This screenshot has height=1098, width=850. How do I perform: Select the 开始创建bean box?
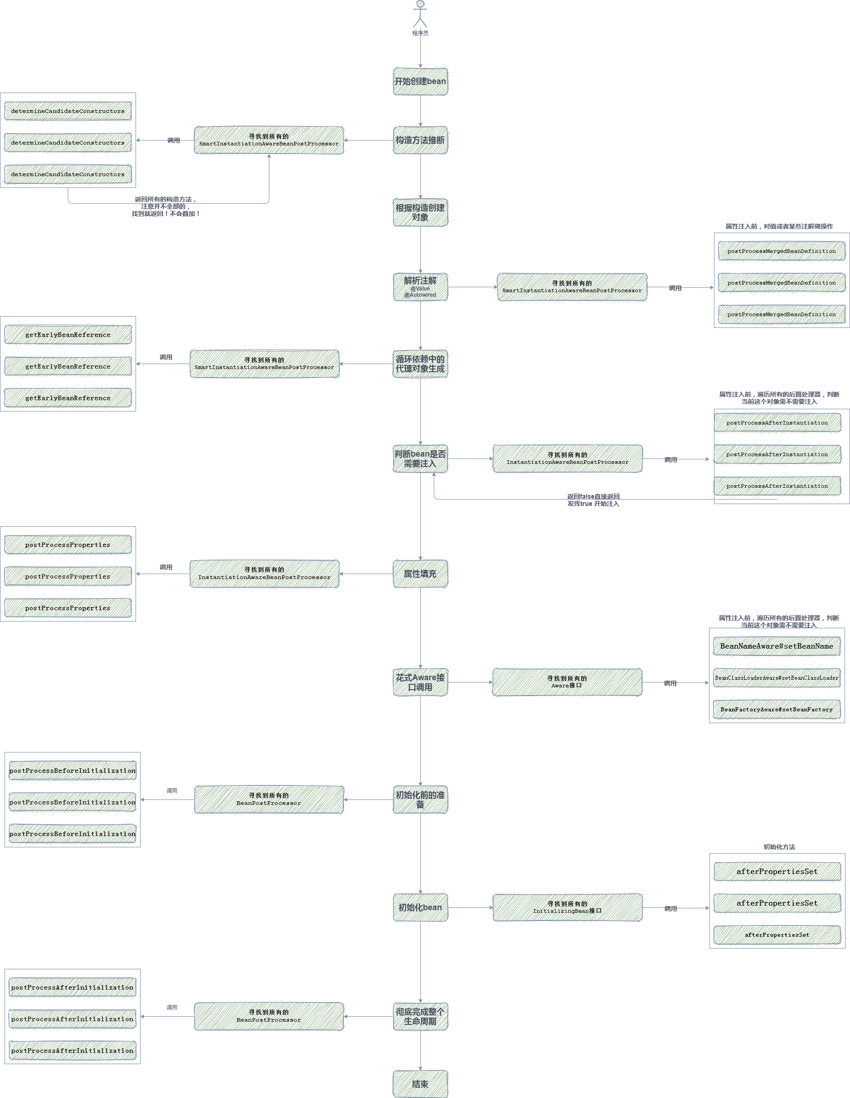pos(420,81)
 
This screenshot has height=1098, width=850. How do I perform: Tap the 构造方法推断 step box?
pos(420,140)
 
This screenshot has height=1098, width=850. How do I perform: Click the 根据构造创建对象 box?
pos(420,212)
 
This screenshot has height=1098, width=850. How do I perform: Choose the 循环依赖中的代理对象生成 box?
pos(420,364)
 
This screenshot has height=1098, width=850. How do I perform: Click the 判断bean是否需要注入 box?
pos(420,458)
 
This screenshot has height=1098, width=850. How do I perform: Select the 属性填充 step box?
pos(420,574)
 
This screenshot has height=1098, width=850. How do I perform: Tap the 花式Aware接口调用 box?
pos(420,682)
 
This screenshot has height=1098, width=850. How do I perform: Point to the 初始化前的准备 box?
pos(420,799)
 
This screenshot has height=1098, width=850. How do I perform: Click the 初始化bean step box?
pos(420,907)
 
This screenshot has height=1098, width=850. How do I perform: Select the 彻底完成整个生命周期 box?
pos(420,1017)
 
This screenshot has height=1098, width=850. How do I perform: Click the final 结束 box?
pos(420,1084)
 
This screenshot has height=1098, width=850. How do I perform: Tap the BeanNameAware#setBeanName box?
pos(776,646)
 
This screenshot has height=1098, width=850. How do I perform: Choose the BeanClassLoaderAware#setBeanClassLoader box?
pos(776,677)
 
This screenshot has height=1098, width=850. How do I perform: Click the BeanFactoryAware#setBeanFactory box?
pos(776,710)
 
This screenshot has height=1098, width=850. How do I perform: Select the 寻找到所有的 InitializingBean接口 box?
pos(567,907)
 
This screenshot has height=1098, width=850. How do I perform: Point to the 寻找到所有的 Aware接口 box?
pos(567,682)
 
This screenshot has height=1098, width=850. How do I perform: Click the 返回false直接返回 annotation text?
pos(593,497)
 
